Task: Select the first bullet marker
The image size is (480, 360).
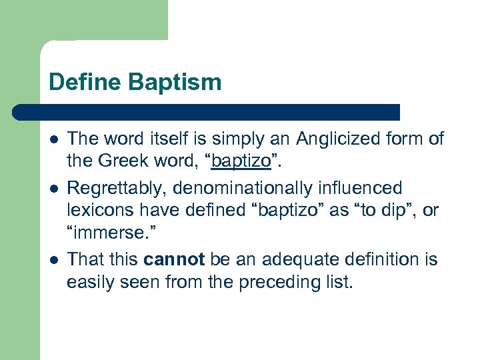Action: pos(53,139)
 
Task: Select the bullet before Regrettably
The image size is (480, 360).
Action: pos(53,189)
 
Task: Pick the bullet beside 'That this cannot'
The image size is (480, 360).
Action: pos(53,259)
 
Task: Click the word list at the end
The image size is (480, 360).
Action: pos(335,282)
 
